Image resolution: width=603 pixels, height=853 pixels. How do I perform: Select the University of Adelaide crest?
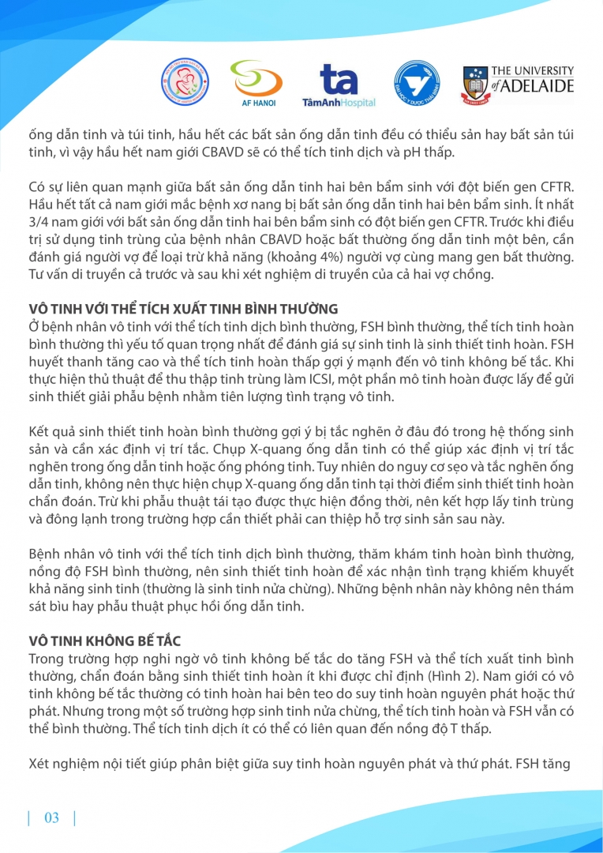pos(476,85)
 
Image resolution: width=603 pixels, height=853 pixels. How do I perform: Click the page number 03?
pos(52,817)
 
